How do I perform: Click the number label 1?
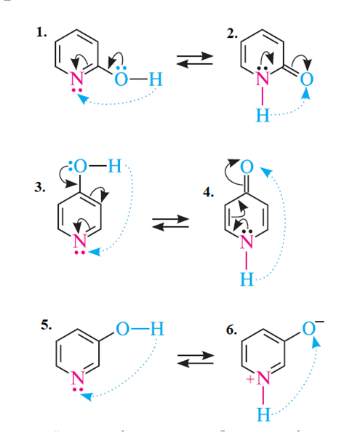pos(41,33)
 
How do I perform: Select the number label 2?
pos(232,34)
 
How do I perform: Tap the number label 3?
pos(40,187)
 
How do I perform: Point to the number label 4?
pos(209,192)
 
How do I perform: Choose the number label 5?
pos(46,324)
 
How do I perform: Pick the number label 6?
pos(232,330)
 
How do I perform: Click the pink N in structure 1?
pos(77,79)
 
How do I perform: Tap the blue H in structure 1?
pos(156,79)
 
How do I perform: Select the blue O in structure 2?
pos(307,79)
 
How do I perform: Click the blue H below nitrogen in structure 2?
pos(263,115)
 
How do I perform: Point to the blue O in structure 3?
pos(80,166)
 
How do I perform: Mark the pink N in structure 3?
pos(79,242)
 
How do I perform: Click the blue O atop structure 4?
pos(247,167)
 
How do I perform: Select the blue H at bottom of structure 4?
pos(247,279)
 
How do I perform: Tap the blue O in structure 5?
pos(123,329)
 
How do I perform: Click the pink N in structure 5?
pos(78,378)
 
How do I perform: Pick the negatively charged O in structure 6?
pos(309,329)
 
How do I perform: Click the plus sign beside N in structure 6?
pos(250,379)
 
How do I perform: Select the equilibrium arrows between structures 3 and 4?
pos(171,223)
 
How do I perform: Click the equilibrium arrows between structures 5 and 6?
pos(196,359)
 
